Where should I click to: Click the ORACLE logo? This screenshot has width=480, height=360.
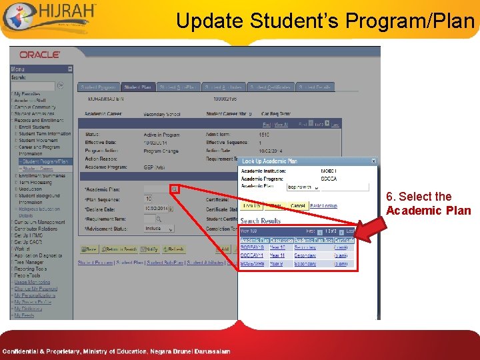click(39, 55)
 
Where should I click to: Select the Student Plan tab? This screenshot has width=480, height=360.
click(138, 87)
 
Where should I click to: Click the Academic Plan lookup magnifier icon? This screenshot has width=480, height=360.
click(174, 189)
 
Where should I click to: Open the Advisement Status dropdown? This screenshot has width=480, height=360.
click(159, 228)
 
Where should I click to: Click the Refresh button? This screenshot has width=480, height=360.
click(173, 249)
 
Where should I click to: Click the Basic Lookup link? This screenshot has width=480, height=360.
click(324, 206)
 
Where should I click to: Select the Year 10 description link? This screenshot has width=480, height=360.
click(277, 247)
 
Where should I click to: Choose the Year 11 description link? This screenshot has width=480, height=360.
click(277, 255)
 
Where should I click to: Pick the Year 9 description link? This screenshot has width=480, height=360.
click(275, 263)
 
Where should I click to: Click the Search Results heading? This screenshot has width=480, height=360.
click(261, 221)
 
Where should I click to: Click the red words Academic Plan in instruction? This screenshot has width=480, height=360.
click(428, 211)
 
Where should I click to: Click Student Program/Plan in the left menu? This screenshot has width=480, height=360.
click(45, 161)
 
